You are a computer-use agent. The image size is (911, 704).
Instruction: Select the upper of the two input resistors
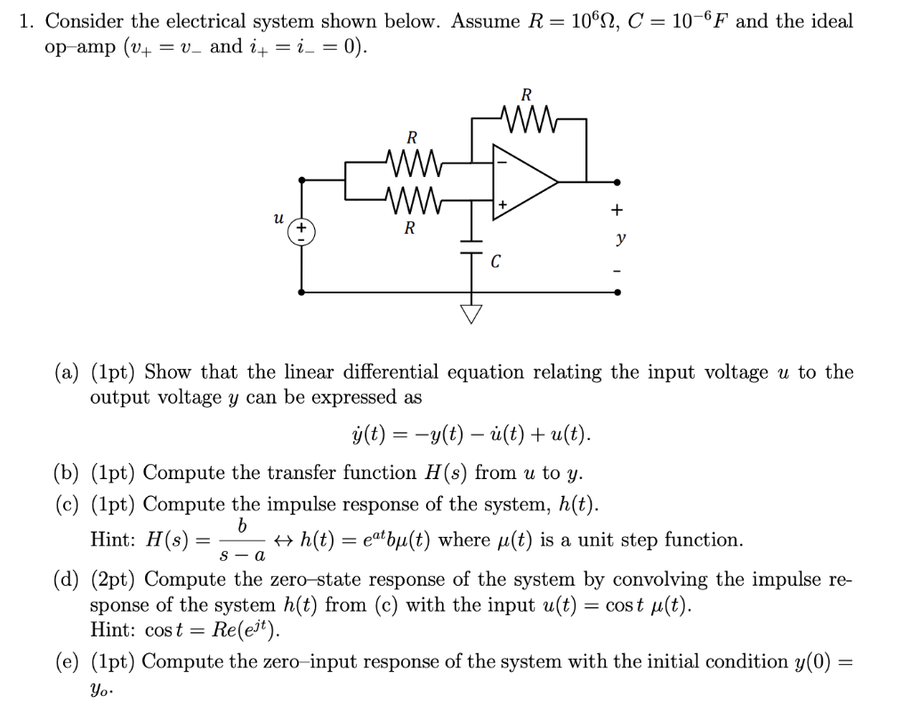click(412, 162)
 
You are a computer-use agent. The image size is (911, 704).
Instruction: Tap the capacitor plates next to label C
click(470, 247)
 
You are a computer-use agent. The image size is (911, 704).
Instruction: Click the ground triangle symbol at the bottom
click(470, 313)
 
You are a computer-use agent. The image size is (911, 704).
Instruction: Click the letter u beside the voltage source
click(278, 216)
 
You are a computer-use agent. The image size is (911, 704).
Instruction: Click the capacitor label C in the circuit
click(496, 262)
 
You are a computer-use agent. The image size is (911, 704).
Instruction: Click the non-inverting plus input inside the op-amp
click(503, 205)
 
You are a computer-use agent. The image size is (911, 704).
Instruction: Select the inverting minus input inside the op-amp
click(502, 162)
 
